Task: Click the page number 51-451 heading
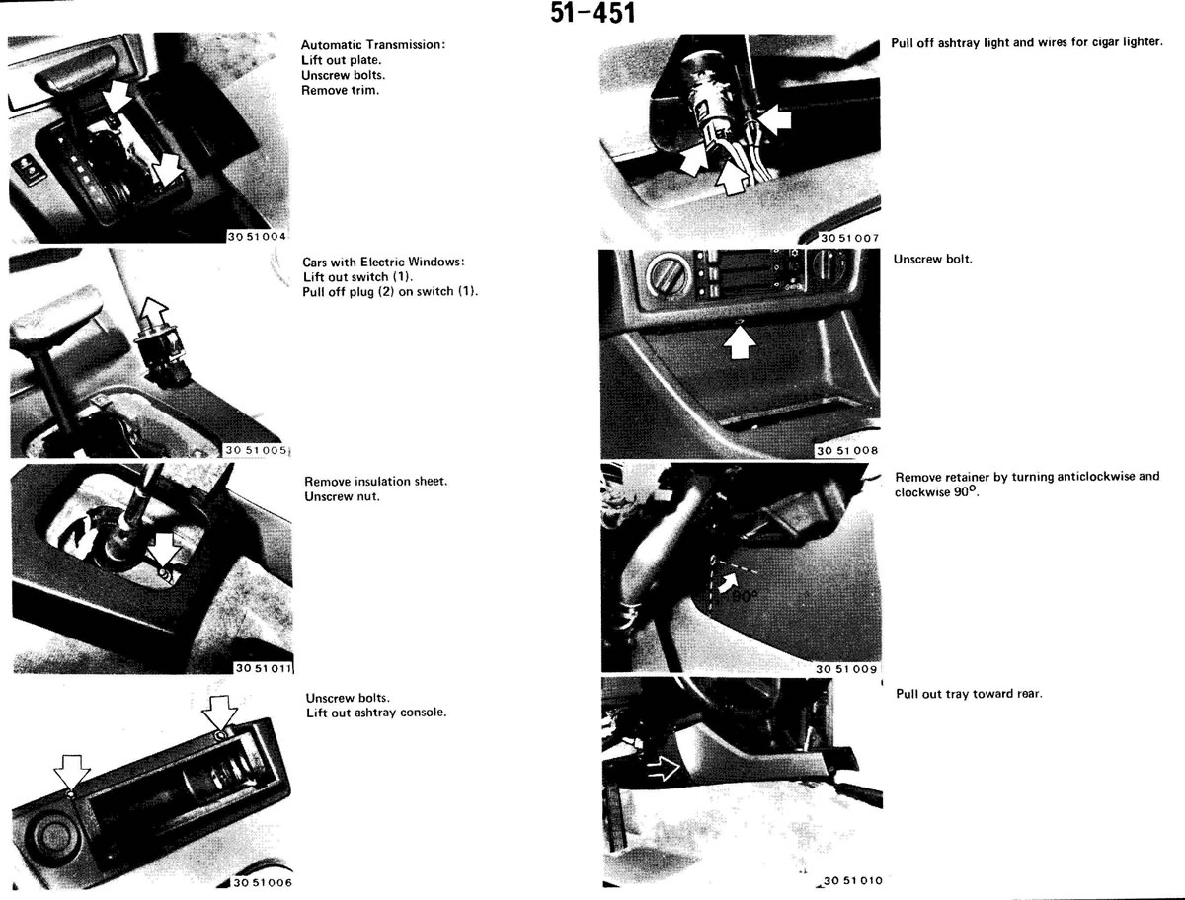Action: pos(592,14)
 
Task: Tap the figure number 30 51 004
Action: pos(257,236)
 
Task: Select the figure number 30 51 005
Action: pos(256,450)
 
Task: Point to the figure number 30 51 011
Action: pos(264,668)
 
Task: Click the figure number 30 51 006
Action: pos(263,883)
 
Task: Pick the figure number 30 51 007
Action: pos(850,238)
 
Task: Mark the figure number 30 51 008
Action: pos(847,450)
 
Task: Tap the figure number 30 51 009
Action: pos(846,669)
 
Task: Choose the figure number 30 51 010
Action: pos(853,880)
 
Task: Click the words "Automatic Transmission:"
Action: pos(373,45)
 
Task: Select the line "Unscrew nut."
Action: pos(343,496)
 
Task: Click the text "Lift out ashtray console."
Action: pos(376,712)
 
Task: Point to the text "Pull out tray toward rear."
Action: pos(969,694)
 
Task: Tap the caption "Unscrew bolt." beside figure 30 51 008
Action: pos(932,259)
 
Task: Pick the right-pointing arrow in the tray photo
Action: pos(663,768)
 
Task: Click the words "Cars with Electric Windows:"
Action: pos(383,262)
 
